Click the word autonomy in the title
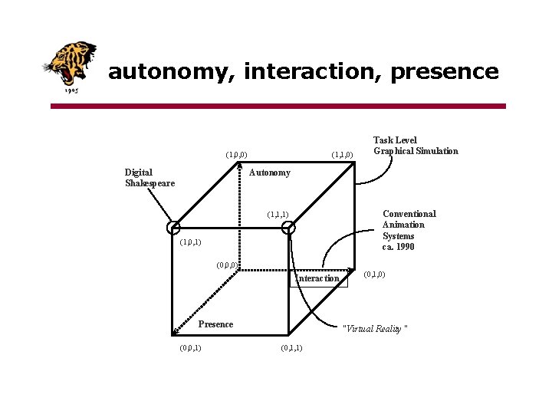pyautogui.click(x=172, y=72)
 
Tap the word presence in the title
pyautogui.click(x=445, y=72)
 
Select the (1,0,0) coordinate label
pyautogui.click(x=235, y=155)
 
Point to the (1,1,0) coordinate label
pyautogui.click(x=341, y=155)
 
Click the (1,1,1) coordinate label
pyautogui.click(x=277, y=214)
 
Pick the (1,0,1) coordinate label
pyautogui.click(x=190, y=242)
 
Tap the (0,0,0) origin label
pyautogui.click(x=227, y=265)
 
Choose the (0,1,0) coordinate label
pyautogui.click(x=373, y=274)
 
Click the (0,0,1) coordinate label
pyautogui.click(x=190, y=348)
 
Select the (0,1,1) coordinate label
pyautogui.click(x=291, y=348)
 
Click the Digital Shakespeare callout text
pyautogui.click(x=149, y=178)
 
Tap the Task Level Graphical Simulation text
pyautogui.click(x=415, y=146)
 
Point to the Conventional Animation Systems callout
pyautogui.click(x=409, y=230)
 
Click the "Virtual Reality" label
pyautogui.click(x=375, y=329)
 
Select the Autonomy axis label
pyautogui.click(x=269, y=172)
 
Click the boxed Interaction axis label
pyautogui.click(x=317, y=278)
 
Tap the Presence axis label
pyautogui.click(x=215, y=324)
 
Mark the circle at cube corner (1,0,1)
pyautogui.click(x=174, y=228)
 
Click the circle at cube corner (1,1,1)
pyautogui.click(x=288, y=228)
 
